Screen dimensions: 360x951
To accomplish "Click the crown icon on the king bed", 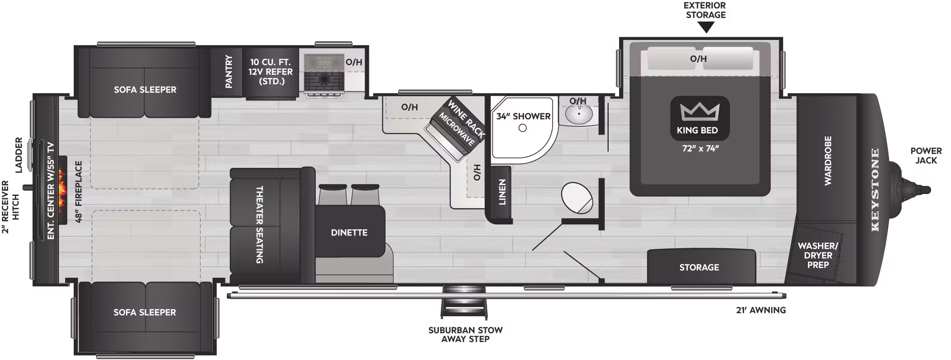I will [x=699, y=112].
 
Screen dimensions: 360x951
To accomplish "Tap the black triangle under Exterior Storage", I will [x=706, y=28].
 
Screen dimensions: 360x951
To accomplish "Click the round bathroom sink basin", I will [x=579, y=114].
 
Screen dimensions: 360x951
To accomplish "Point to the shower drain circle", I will [x=523, y=128].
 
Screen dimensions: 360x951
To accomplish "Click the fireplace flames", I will [x=62, y=190].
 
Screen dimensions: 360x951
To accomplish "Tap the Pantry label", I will [x=229, y=71].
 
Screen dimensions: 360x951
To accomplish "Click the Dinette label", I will [x=349, y=233].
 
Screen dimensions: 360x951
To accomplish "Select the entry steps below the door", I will [x=465, y=302].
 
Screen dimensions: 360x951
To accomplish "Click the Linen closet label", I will [x=502, y=192].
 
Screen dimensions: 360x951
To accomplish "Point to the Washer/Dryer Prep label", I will [x=818, y=255].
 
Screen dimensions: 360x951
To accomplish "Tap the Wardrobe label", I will [x=828, y=161].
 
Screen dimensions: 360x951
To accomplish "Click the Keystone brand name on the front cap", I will [x=875, y=190].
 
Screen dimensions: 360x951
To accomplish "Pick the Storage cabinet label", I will [x=699, y=267].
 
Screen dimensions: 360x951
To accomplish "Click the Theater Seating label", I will [x=260, y=224].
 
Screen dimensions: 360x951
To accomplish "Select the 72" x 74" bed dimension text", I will [x=700, y=148].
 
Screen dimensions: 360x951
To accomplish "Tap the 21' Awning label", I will [x=761, y=310].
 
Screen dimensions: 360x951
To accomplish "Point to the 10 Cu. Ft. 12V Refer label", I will [x=270, y=71].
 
